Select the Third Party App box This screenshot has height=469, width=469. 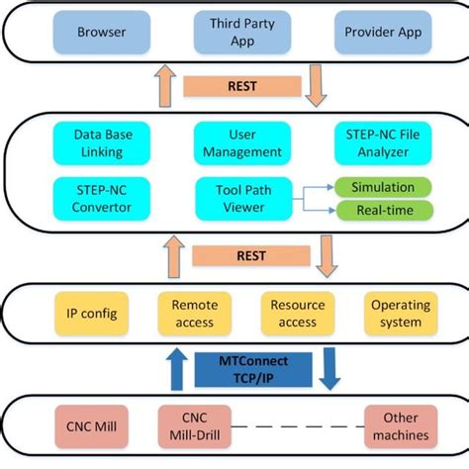click(232, 32)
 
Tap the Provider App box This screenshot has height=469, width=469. click(382, 32)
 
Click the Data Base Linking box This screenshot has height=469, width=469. click(98, 142)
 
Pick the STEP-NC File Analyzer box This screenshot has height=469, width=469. click(384, 142)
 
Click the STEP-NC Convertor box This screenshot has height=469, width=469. click(98, 198)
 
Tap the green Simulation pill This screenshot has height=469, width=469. click(382, 187)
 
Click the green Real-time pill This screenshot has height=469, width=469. click(382, 210)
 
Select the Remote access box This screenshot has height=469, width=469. click(195, 314)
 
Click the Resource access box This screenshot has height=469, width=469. click(297, 314)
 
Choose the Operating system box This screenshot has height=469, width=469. click(400, 314)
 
